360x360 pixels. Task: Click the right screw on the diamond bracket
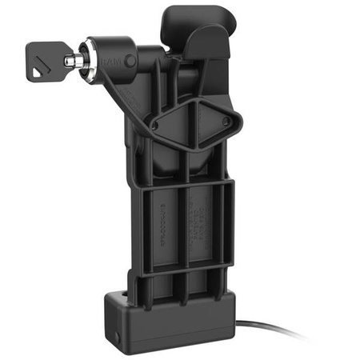(x=226, y=122)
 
